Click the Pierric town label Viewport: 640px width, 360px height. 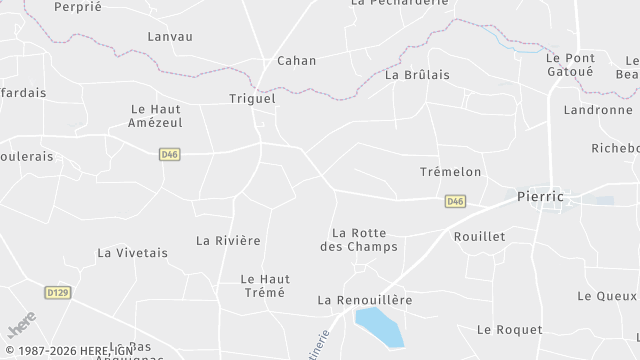(540, 197)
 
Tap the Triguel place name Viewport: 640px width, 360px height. (252, 99)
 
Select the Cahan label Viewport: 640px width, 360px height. (296, 60)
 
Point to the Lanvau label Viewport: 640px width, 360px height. (170, 36)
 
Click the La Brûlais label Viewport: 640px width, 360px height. (417, 74)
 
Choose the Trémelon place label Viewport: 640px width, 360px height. (450, 172)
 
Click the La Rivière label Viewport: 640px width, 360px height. (228, 240)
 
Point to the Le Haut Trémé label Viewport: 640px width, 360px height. (263, 285)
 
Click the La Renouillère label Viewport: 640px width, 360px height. (365, 299)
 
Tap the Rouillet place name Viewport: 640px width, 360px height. (479, 236)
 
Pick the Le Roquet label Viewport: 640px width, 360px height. (509, 329)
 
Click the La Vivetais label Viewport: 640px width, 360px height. (133, 253)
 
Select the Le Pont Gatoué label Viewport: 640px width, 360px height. (569, 65)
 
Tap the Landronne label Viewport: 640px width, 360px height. (598, 110)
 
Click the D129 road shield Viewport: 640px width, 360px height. (58, 292)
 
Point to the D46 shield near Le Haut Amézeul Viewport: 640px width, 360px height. (169, 154)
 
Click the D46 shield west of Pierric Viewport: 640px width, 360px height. (455, 201)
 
